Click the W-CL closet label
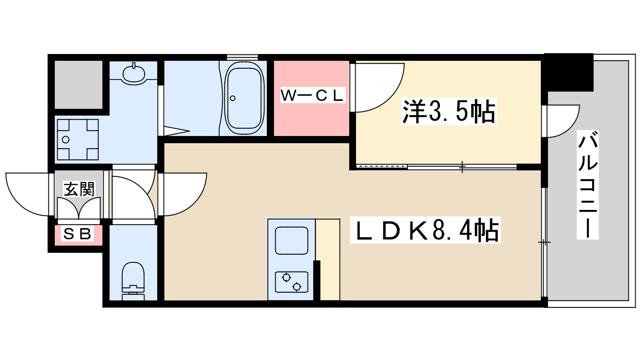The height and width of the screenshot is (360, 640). click(312, 96)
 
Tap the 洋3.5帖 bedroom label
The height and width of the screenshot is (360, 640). click(449, 111)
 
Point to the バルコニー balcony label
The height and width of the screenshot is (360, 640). click(588, 186)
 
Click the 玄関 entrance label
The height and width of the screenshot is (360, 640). click(80, 189)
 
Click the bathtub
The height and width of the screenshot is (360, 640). click(244, 98)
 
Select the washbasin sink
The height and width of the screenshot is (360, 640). click(134, 74)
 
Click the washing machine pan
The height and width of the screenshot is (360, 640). click(78, 140)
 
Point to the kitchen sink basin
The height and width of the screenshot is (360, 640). click(292, 241)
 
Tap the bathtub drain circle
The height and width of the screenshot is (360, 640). click(232, 98)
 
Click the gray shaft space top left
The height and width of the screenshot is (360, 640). click(78, 84)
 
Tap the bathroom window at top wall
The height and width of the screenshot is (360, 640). click(242, 57)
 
